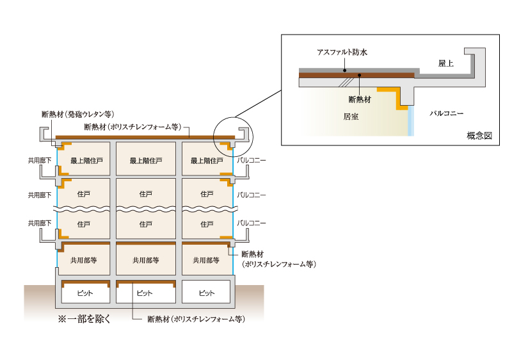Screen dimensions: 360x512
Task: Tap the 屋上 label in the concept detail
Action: (447, 63)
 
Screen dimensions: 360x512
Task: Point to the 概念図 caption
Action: (479, 136)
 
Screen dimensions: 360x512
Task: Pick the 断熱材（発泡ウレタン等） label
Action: (74, 114)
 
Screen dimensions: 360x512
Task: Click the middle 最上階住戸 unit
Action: (145, 160)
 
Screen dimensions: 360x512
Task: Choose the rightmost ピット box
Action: (206, 293)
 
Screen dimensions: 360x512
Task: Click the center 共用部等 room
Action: (145, 261)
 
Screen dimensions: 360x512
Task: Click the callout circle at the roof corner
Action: (235, 135)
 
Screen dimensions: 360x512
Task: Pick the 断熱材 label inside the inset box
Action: (360, 99)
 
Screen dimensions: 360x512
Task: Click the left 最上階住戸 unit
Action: (84, 160)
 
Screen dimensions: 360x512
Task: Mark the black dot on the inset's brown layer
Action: (360, 76)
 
